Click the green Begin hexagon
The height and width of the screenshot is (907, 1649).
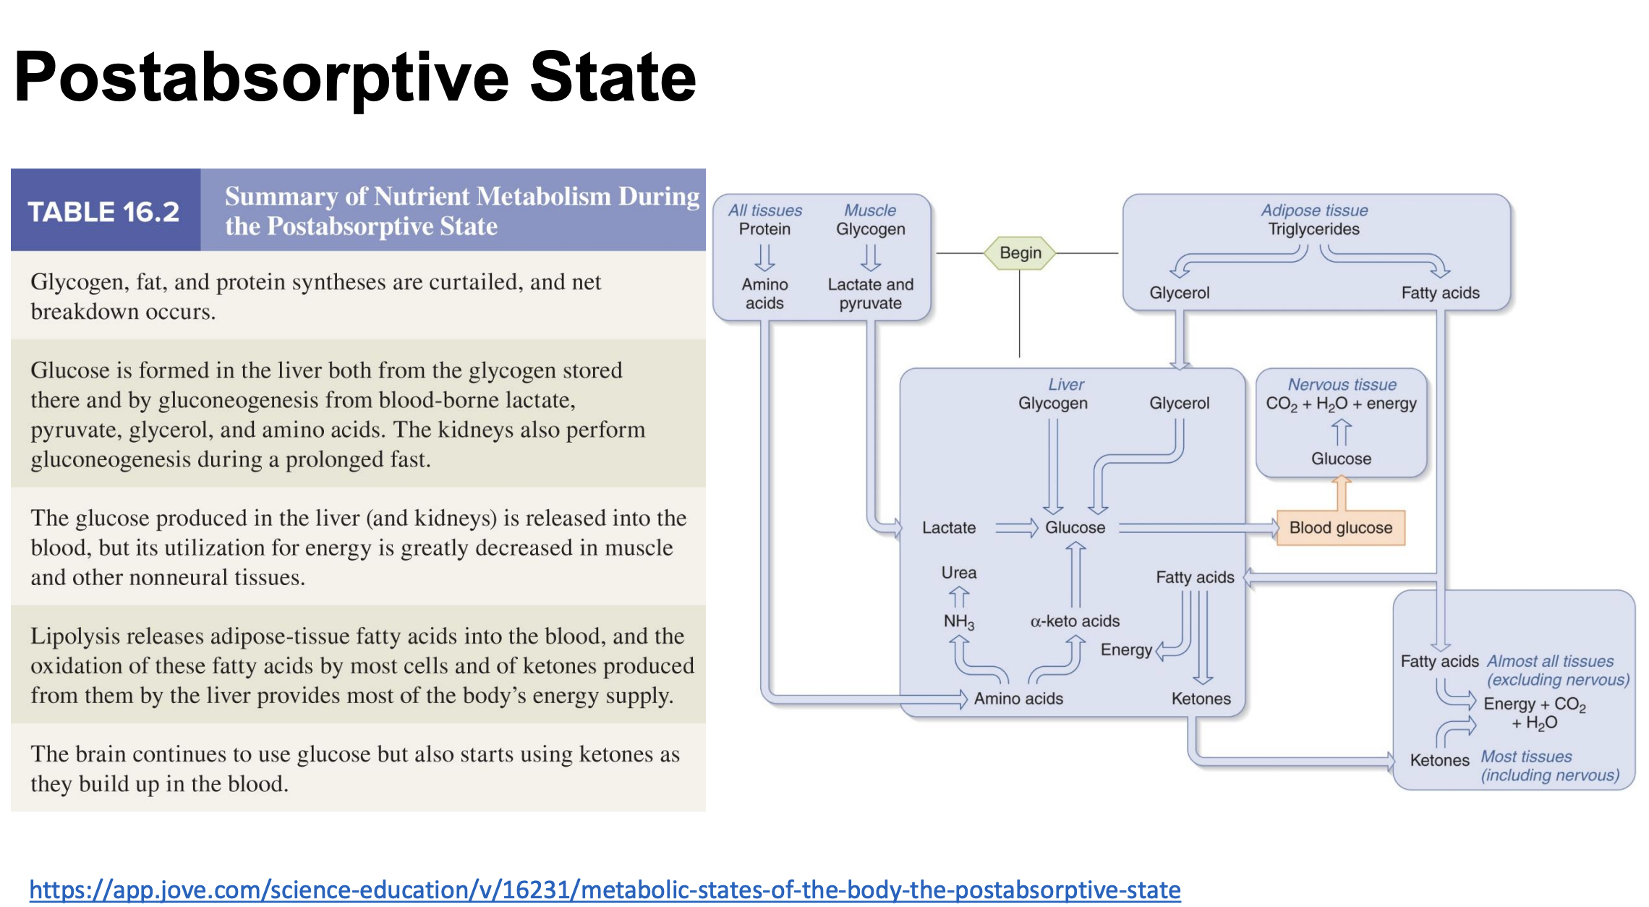tap(1020, 253)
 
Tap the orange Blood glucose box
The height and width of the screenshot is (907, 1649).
tap(1340, 528)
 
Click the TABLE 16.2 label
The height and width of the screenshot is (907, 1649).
tap(103, 212)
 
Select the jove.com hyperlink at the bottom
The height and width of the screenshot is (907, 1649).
tap(605, 890)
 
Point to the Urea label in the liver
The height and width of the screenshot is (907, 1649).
tap(958, 573)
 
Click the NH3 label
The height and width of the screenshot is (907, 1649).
tap(958, 621)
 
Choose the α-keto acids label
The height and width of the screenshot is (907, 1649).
tap(1075, 621)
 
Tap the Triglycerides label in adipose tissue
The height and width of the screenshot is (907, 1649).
tap(1313, 229)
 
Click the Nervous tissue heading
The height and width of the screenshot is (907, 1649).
tap(1342, 385)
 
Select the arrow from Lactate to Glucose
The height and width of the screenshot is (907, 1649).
tap(1016, 528)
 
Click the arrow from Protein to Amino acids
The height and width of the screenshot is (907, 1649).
tap(764, 257)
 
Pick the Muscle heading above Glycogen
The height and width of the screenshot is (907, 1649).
tap(870, 210)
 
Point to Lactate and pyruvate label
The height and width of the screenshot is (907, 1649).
tap(870, 294)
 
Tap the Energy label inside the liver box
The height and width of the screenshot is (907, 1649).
tap(1125, 650)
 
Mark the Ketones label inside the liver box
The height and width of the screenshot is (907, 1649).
tap(1201, 699)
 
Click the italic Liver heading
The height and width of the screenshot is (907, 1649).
tap(1066, 385)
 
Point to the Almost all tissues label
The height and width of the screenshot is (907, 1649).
tap(1550, 661)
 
